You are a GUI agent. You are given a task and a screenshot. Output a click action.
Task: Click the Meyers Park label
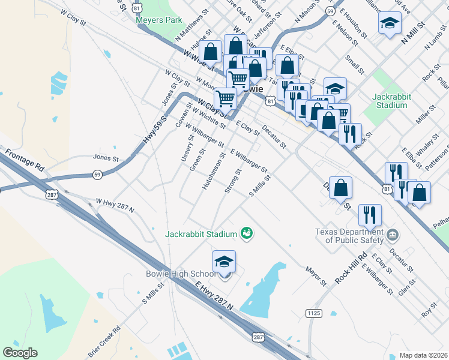(158, 20)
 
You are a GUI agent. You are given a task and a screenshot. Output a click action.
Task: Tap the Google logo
(20, 352)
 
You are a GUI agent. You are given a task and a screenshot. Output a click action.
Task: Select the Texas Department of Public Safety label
(349, 236)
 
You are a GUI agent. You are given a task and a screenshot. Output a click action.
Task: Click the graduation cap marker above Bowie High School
(224, 262)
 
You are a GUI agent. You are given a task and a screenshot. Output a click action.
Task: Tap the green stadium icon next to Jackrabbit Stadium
(246, 233)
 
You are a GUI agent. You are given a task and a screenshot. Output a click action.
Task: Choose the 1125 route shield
(313, 313)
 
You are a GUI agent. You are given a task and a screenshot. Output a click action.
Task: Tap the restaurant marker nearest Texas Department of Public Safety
(369, 215)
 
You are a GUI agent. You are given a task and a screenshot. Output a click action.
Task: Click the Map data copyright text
(423, 355)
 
